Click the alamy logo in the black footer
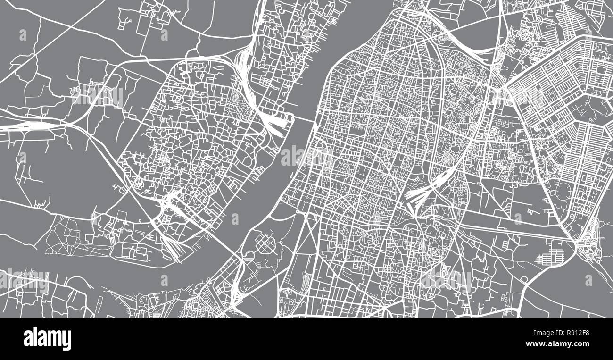[x=47, y=339]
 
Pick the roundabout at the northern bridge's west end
[x=276, y=150]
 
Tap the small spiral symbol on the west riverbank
[x=276, y=150]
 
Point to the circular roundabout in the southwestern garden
[x=52, y=228]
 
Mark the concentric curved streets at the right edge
[x=589, y=234]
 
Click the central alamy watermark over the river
[x=306, y=156]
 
